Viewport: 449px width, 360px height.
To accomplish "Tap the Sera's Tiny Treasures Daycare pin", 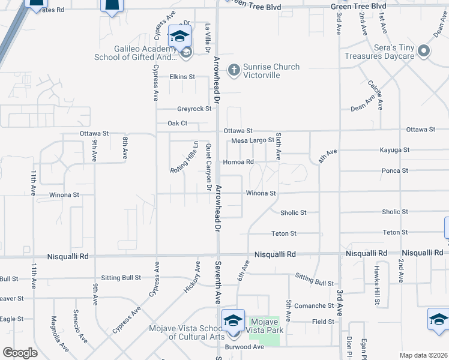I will (x=424, y=51).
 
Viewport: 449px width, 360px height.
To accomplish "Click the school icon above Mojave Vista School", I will (x=233, y=321).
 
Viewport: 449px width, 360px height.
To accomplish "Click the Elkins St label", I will (x=182, y=77).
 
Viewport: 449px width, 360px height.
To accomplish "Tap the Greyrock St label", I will (x=194, y=109).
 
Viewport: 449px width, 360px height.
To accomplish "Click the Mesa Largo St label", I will (x=253, y=140).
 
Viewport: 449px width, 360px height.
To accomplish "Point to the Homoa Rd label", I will (x=238, y=162).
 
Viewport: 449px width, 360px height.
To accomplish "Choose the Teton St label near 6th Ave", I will (x=284, y=233).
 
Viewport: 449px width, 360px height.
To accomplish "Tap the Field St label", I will (x=323, y=322).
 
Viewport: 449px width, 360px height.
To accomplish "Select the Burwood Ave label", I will (x=244, y=347).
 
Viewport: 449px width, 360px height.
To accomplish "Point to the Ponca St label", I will (x=395, y=171).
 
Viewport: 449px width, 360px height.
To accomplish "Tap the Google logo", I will (x=20, y=353).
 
